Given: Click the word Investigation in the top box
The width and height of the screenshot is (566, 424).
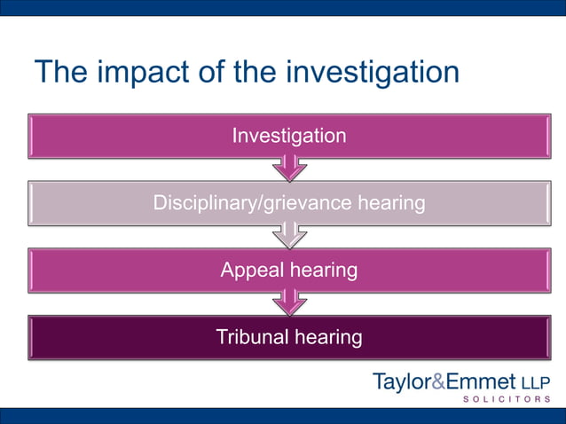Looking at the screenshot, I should tap(288, 136).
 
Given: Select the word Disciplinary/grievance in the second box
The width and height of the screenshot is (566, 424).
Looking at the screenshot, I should tap(251, 203).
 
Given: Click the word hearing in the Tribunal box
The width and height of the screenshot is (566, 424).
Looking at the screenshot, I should tap(328, 337).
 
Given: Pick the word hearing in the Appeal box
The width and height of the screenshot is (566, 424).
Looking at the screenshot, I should tap(325, 270).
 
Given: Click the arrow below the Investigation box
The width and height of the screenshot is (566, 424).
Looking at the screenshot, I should tap(289, 167).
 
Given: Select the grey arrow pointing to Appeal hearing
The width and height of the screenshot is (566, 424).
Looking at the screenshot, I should tap(289, 234).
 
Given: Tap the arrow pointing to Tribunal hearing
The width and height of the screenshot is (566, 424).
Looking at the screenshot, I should tap(289, 302).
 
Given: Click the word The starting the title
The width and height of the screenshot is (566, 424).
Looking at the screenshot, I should tap(60, 72).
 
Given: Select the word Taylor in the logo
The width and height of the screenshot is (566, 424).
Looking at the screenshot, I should tap(401, 382).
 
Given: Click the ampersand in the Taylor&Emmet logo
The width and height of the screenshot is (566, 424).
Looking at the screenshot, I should tap(439, 382).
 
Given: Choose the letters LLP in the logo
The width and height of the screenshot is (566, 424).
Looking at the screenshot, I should tap(535, 383).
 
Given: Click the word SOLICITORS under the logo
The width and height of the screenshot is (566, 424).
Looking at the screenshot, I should tap(506, 400).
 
